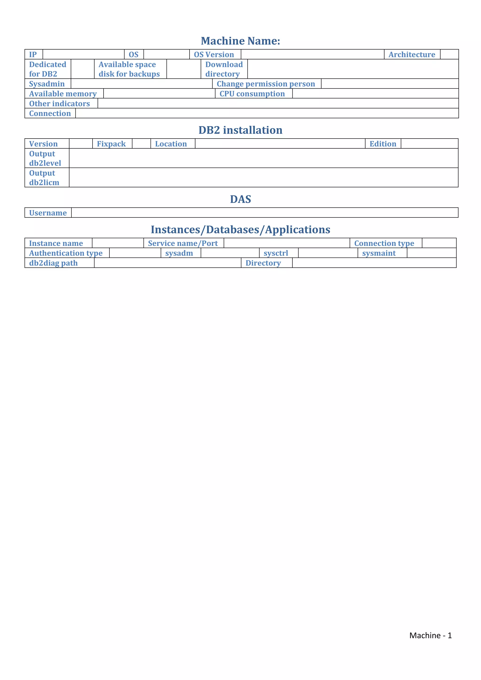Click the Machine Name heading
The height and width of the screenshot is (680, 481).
point(240,41)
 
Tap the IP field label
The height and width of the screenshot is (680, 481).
point(33,54)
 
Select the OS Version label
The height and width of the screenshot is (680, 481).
point(214,54)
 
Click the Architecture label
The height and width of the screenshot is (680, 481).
point(412,54)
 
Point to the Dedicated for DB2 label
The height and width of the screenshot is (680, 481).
point(47,69)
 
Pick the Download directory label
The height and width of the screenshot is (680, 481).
point(224,69)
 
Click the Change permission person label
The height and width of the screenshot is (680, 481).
point(266,84)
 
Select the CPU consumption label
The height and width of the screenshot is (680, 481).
point(252,94)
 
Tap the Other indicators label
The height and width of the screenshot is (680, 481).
point(59,104)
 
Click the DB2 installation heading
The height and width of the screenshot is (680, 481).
point(240,130)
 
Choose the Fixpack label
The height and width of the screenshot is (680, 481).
point(111,144)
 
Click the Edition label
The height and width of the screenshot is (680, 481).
point(383,144)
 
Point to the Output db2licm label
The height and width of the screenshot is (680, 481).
point(44,178)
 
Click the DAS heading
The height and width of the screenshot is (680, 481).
point(240,199)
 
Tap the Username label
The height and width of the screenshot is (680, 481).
point(48,213)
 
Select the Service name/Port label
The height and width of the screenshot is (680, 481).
point(183,243)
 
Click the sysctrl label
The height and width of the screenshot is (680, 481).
point(276,253)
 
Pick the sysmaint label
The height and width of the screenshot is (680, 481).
point(379,253)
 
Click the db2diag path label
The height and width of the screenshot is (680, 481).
point(53,263)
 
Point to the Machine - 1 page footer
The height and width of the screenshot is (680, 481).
point(430,635)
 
